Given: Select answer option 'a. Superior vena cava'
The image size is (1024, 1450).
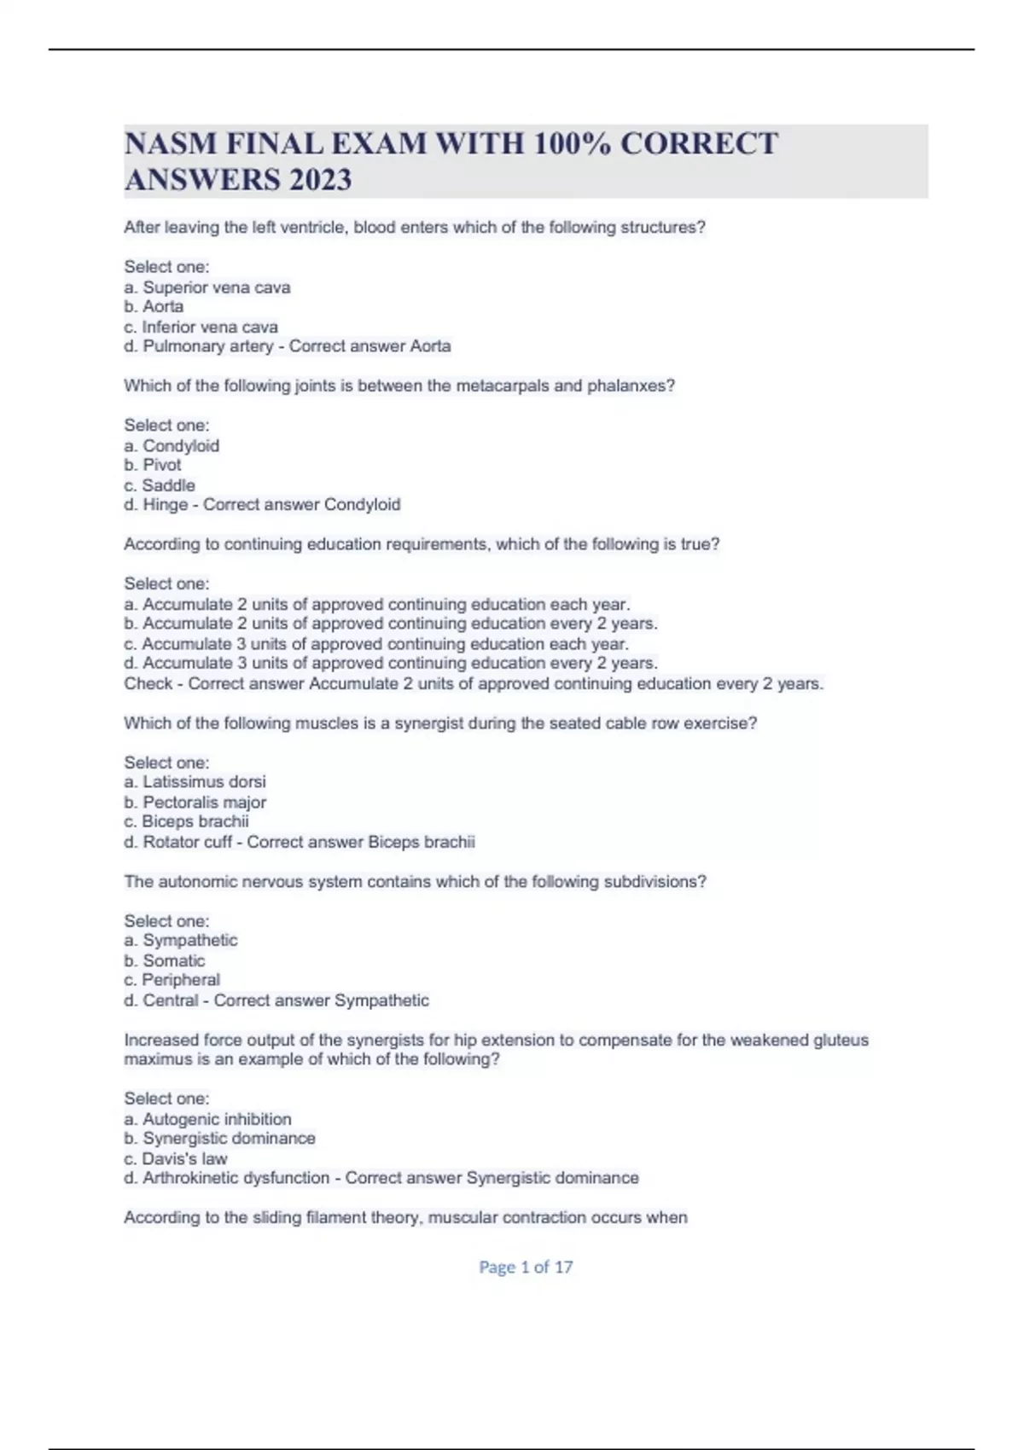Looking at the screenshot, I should [x=207, y=287].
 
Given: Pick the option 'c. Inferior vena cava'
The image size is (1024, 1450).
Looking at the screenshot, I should [x=201, y=327].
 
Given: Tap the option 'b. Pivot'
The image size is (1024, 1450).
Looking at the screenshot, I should [x=153, y=465].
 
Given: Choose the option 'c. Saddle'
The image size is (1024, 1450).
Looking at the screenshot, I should [x=160, y=485].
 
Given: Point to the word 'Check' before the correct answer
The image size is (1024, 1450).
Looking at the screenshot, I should [x=148, y=683].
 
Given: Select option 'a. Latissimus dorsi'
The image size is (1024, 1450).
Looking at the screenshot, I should [x=195, y=781].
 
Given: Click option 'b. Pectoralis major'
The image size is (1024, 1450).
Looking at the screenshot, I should [x=195, y=802].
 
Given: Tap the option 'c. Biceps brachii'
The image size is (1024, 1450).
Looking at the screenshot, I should [x=187, y=821].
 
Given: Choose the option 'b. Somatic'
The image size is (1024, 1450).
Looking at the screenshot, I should [x=165, y=960].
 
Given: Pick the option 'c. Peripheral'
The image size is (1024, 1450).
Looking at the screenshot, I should [x=172, y=980].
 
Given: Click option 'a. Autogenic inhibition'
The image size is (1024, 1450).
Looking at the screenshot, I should [x=208, y=1119].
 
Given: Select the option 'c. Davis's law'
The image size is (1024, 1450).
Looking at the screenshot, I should [x=176, y=1158].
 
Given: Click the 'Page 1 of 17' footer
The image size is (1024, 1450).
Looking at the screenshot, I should [x=526, y=1267].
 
